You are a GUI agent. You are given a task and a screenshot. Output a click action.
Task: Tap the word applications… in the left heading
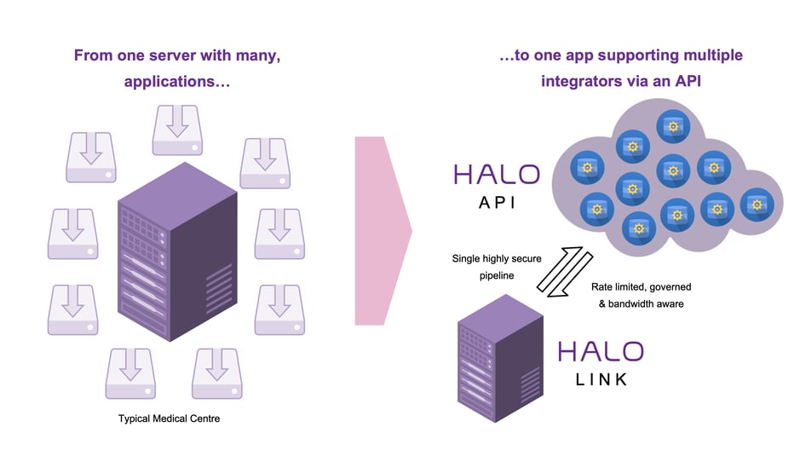176,82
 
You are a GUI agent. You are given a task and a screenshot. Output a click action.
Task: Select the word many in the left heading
258,55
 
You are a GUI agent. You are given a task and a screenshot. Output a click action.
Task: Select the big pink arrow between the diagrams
382,230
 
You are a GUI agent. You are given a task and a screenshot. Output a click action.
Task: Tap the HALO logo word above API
496,175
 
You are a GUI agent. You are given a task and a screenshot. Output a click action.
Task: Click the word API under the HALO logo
496,205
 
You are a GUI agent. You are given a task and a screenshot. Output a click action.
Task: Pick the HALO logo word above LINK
601,350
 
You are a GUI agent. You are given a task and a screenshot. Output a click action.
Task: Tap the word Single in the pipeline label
468,258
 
